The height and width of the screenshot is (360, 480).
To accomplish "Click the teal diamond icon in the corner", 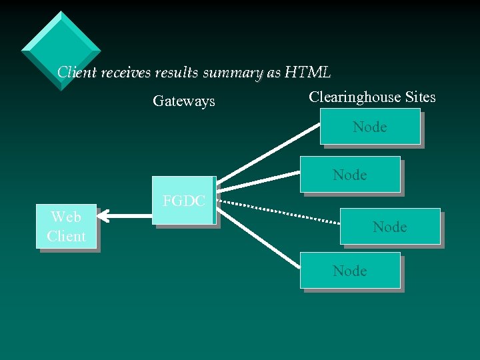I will pyautogui.click(x=61, y=50).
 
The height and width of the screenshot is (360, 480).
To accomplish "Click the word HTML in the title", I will pyautogui.click(x=307, y=72).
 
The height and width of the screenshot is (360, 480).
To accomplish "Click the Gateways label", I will pyautogui.click(x=184, y=101).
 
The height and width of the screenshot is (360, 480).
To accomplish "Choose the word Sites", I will pyautogui.click(x=420, y=97).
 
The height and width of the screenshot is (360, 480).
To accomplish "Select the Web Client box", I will pyautogui.click(x=66, y=227).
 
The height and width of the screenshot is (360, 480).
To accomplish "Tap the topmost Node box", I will pyautogui.click(x=369, y=127).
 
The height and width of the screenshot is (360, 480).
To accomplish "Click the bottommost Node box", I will pyautogui.click(x=350, y=271).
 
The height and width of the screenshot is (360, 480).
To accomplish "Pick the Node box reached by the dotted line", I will pyautogui.click(x=390, y=227).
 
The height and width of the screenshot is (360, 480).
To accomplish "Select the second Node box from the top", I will pyautogui.click(x=350, y=175).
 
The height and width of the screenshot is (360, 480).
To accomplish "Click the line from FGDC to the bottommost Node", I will pyautogui.click(x=260, y=234).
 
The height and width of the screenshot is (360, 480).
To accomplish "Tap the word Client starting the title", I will pyautogui.click(x=77, y=72).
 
